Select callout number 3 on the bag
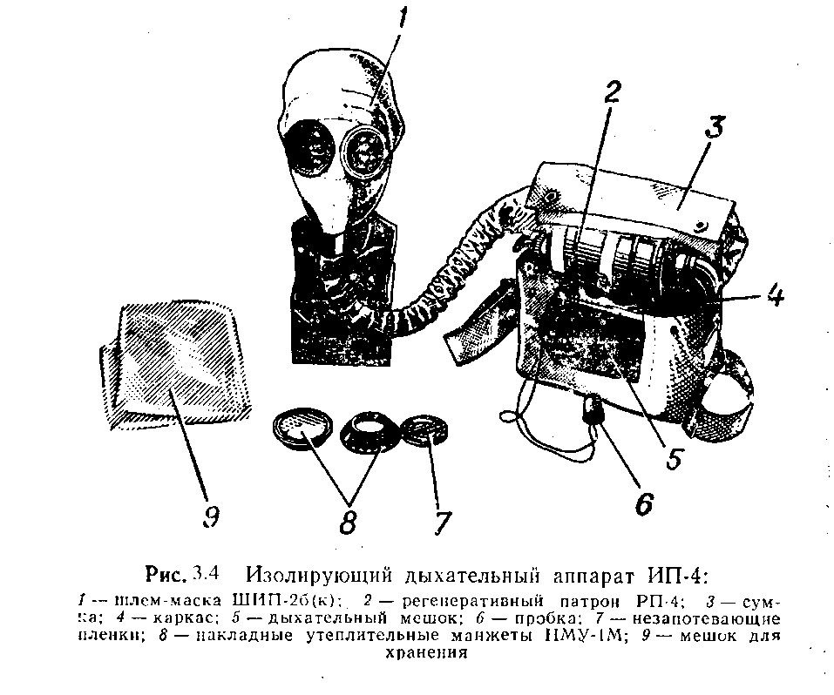point(714,132)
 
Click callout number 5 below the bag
point(672,458)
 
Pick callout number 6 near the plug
point(643,503)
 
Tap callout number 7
point(442,522)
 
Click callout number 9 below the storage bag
point(210,516)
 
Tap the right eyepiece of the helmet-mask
point(365,149)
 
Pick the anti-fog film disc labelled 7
point(424,428)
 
